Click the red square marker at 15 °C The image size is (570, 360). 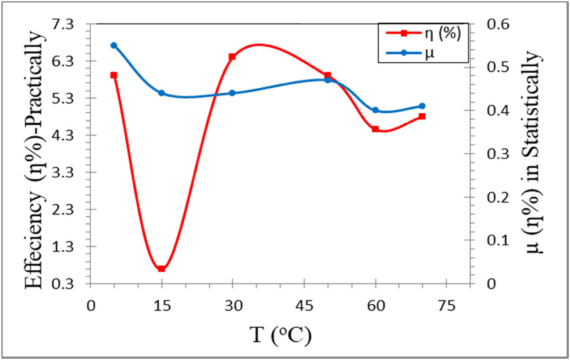161,268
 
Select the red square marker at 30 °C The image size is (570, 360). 232,57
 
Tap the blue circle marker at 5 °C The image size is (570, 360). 114,45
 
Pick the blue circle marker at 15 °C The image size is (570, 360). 161,93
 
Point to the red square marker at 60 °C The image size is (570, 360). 375,129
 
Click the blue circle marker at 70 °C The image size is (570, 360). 422,106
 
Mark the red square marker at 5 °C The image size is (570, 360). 114,75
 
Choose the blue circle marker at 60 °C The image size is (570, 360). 375,110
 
